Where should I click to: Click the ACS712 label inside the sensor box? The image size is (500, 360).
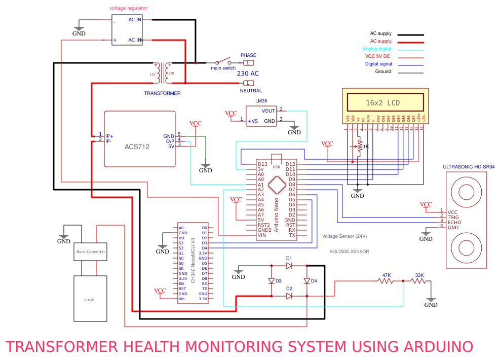(137, 147)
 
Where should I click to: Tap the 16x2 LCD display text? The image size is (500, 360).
(382, 103)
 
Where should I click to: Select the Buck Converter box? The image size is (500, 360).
(91, 251)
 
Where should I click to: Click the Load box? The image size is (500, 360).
(89, 299)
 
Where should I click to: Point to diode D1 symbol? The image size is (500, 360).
(289, 266)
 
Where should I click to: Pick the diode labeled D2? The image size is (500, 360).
(289, 297)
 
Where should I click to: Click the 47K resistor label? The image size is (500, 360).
(386, 275)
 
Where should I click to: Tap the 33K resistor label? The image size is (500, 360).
(419, 275)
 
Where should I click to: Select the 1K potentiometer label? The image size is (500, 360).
(366, 147)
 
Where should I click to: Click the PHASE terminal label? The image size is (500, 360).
(248, 55)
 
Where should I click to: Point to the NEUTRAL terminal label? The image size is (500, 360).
(251, 91)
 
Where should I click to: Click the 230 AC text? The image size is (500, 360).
(248, 74)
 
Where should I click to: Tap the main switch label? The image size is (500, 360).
(223, 68)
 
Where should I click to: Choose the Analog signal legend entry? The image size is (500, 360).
(377, 49)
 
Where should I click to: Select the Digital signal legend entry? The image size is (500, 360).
(378, 64)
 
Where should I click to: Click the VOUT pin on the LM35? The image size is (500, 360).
(268, 111)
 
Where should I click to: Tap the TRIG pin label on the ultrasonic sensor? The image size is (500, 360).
(453, 217)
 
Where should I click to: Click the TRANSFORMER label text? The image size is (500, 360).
(162, 93)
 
